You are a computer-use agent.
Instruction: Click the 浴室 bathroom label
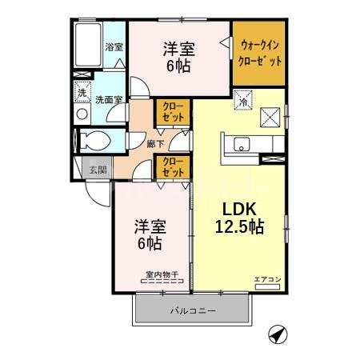click(x=114, y=47)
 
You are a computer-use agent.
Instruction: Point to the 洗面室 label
click(x=108, y=101)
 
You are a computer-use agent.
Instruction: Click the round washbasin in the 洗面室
click(x=82, y=114)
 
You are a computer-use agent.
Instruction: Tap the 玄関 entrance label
click(x=97, y=169)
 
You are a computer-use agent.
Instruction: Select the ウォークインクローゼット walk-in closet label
click(x=258, y=53)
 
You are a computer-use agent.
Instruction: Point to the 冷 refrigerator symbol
click(x=242, y=102)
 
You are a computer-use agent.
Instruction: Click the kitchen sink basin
click(x=241, y=145)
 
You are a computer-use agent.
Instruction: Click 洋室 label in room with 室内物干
click(x=146, y=226)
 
